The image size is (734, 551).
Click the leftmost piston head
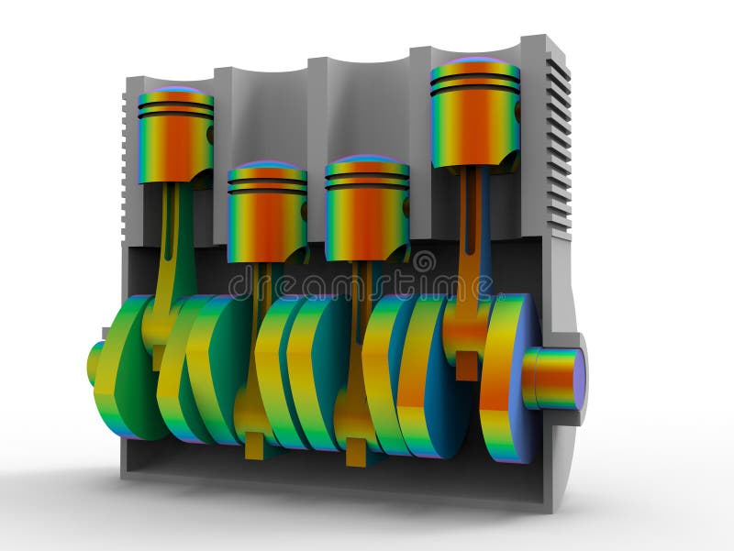[x=175, y=138]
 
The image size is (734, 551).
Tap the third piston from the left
[x=366, y=210]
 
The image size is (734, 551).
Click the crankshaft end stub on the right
[x=554, y=378]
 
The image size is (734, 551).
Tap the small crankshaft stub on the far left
[x=95, y=362]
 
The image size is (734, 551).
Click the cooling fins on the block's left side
[x=126, y=165]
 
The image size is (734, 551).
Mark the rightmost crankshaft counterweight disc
[x=508, y=376]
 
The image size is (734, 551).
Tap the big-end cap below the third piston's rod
[x=355, y=449]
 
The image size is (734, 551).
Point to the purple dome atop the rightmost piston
[x=474, y=62]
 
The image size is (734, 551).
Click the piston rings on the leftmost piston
[x=175, y=108]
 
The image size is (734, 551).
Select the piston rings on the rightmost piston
[x=474, y=84]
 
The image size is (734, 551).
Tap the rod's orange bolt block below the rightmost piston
[x=467, y=366]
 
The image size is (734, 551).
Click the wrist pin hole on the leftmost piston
[x=210, y=135]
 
